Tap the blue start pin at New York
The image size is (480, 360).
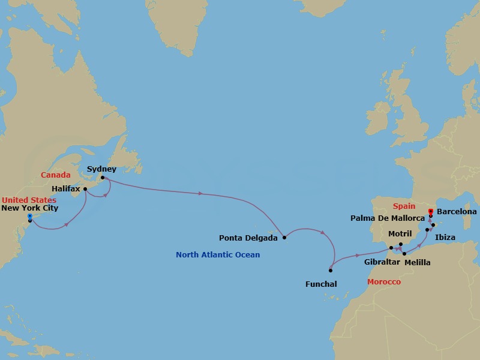click(x=29, y=216)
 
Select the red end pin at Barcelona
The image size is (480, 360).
click(x=431, y=211)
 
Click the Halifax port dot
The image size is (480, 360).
click(x=85, y=189)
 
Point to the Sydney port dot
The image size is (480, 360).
click(x=103, y=178)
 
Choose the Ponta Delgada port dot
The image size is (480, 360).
click(x=284, y=238)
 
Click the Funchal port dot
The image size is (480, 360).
click(x=331, y=270)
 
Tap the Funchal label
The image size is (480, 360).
click(x=320, y=283)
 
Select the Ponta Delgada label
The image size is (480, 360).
click(x=248, y=238)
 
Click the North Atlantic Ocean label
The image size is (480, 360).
click(x=218, y=255)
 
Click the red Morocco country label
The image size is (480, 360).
click(x=383, y=281)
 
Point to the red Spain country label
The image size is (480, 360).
click(x=404, y=205)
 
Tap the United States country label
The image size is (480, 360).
click(x=29, y=200)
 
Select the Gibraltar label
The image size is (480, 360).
click(x=383, y=262)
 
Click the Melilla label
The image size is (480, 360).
click(x=417, y=262)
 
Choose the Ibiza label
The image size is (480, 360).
click(x=445, y=238)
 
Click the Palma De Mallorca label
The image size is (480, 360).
click(x=387, y=217)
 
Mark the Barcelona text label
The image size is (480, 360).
click(x=457, y=211)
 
